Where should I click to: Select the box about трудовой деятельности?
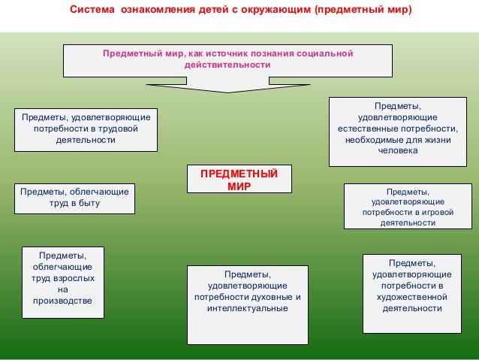point(86,129)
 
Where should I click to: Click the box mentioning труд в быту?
point(74,198)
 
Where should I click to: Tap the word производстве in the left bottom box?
point(62,301)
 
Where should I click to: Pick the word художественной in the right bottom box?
point(411,297)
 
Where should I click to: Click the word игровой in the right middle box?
point(429,213)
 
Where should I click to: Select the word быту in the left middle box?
point(88,203)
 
